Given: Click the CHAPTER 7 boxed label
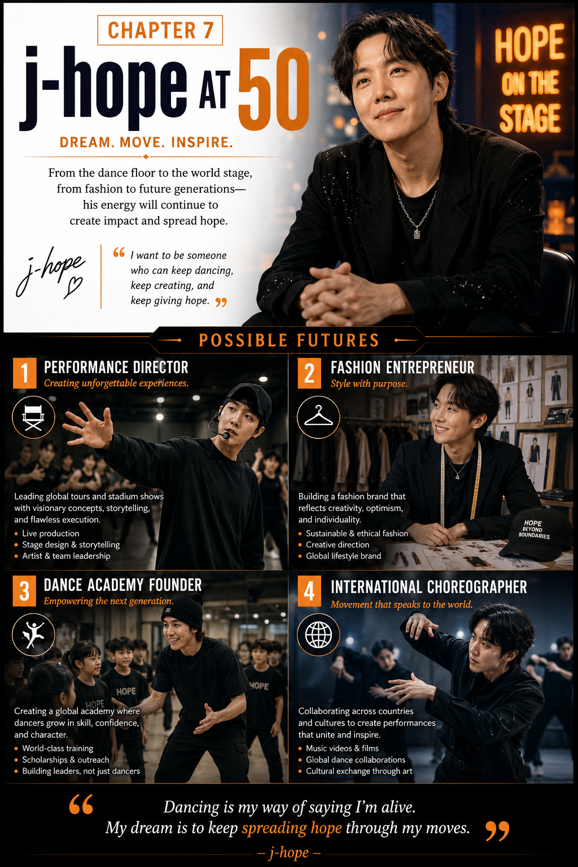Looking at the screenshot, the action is (x=160, y=30).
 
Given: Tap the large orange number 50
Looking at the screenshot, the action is (x=274, y=90).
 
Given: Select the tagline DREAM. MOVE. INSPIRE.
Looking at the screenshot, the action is (x=146, y=142).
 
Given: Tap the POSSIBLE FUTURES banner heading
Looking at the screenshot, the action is (x=289, y=340).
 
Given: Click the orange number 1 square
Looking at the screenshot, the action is (x=24, y=373).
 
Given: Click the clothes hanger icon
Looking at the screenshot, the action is (x=318, y=417).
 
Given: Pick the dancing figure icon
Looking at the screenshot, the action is (x=33, y=635).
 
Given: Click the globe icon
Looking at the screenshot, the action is (x=318, y=635).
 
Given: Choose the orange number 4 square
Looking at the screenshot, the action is (x=309, y=591).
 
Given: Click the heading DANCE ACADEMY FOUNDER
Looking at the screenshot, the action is (x=122, y=585).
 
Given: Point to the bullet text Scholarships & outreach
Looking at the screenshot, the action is (x=65, y=759).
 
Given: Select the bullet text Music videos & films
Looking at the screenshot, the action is (x=342, y=748).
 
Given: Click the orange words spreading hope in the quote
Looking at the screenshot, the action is (x=292, y=827).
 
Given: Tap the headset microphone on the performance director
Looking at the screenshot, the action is (x=225, y=435).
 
